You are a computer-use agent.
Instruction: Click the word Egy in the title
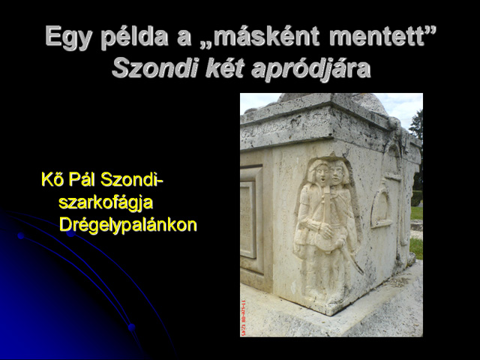[x=68, y=37]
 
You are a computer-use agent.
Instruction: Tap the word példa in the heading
[x=134, y=37]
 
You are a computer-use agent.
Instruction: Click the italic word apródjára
[x=310, y=69]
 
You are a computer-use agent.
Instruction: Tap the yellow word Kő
[x=53, y=179]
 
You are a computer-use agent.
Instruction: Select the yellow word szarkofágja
[x=106, y=202]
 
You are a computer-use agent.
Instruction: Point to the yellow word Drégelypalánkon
[x=128, y=225]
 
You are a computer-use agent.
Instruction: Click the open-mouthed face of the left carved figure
[x=320, y=174]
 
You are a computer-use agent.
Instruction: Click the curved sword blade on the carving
[x=351, y=259]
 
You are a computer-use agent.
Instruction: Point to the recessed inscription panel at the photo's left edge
[x=248, y=220]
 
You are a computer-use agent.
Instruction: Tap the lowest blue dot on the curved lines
[x=132, y=327]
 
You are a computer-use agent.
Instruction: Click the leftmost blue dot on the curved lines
[x=21, y=235]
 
